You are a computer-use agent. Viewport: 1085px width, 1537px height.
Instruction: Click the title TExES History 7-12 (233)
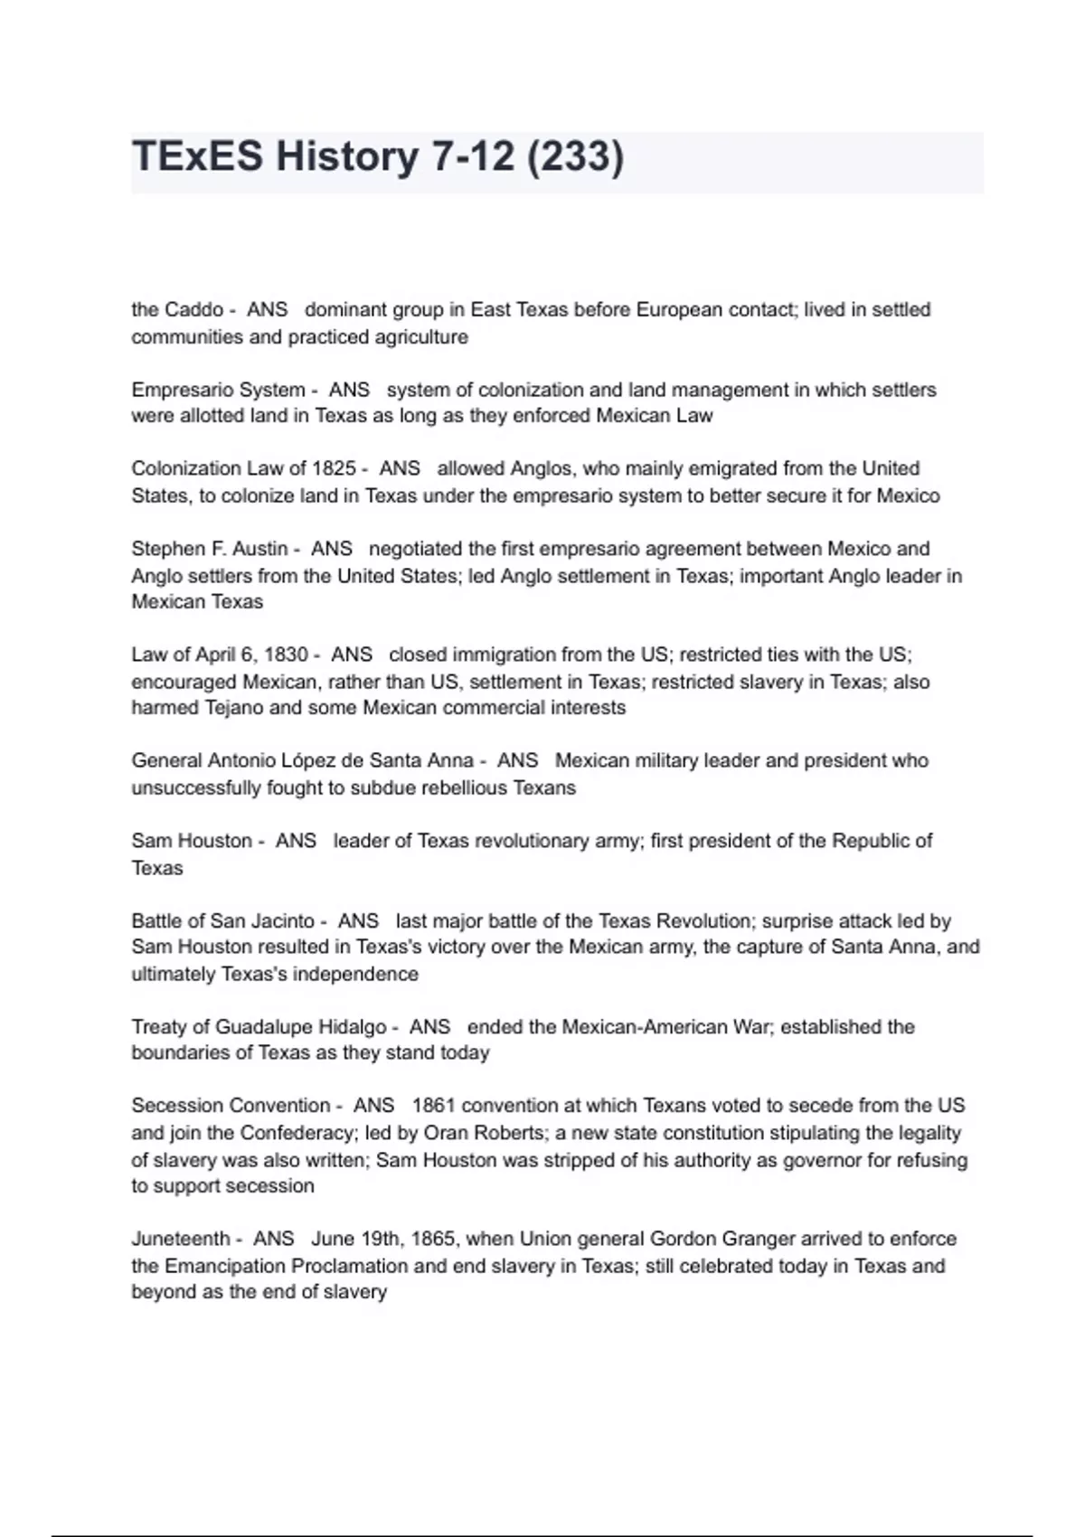coord(378,156)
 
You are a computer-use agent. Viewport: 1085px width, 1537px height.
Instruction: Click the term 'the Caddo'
coord(177,310)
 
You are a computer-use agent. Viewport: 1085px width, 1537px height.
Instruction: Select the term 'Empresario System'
coord(218,390)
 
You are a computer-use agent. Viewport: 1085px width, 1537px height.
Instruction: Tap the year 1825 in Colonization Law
coord(334,468)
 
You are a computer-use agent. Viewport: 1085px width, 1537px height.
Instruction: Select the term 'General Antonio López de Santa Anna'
coord(302,761)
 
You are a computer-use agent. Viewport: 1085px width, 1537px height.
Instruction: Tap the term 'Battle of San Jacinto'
coord(222,921)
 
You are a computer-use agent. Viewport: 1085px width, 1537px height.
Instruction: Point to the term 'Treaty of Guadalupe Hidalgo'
coord(259,1027)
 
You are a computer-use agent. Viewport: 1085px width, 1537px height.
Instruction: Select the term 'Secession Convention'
coord(231,1106)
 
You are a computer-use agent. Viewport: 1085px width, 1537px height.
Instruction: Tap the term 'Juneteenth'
coord(180,1239)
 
